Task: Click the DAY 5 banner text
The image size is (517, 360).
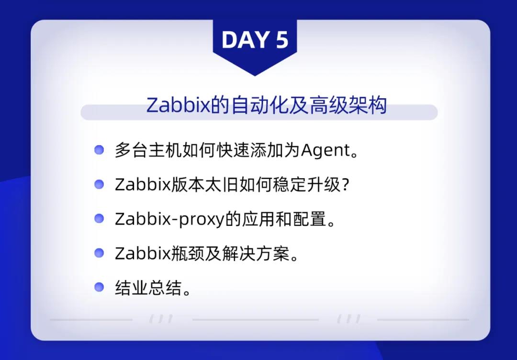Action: coord(255,40)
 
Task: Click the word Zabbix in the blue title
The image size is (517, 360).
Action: coord(178,105)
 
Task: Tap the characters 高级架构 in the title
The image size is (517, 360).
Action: coord(348,105)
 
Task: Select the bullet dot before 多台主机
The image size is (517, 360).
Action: coord(99,150)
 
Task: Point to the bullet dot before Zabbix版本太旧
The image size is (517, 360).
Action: coord(99,184)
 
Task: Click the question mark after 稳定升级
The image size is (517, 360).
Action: coord(345,185)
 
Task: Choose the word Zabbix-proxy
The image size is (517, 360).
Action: coord(169,219)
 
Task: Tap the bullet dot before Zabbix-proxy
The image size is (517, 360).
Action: coord(99,218)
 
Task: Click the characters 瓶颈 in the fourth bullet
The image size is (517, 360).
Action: coord(187,254)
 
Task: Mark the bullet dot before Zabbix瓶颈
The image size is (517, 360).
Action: coord(99,253)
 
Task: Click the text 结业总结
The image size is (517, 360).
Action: coord(148,287)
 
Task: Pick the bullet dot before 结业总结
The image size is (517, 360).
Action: coord(99,287)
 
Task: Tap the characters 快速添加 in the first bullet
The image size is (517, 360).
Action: coord(249,150)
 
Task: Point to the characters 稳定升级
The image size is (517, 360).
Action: coord(307,185)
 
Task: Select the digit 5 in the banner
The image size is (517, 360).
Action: coord(282,40)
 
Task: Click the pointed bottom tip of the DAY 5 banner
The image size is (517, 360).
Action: coord(255,76)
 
